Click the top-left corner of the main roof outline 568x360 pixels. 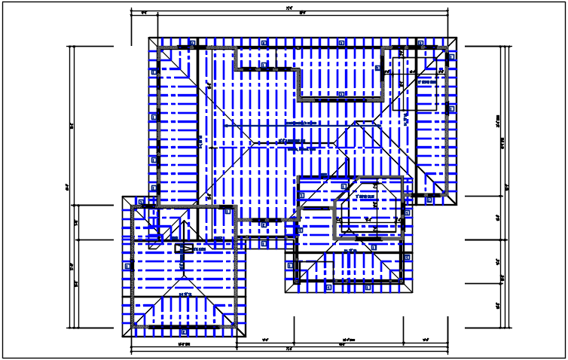coord(149,37)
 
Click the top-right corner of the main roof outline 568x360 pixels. coord(458,37)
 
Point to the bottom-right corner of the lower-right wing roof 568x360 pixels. coord(414,292)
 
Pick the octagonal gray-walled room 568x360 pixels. coord(370,208)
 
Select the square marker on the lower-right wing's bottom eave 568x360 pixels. coord(328,287)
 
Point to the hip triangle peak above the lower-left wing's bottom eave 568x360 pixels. coord(184,290)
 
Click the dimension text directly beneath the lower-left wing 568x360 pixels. coord(183,344)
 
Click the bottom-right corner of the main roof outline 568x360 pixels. coord(458,205)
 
